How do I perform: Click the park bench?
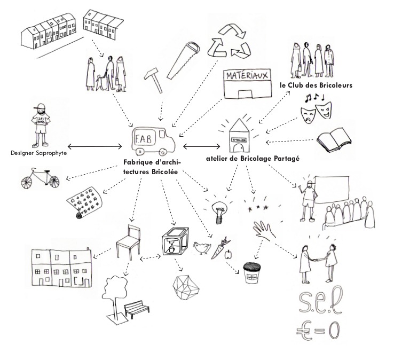pos(136,309)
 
